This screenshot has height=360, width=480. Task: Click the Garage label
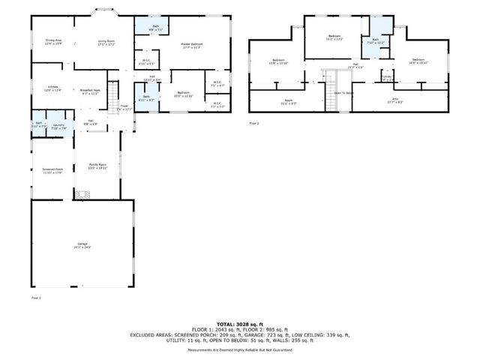coord(82,244)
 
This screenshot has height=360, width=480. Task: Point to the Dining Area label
coord(53,42)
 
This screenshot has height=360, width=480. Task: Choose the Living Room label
coord(106,42)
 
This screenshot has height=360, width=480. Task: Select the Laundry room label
coord(58,125)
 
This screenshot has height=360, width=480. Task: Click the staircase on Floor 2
coord(331,89)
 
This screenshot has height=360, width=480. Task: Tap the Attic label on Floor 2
coord(394,100)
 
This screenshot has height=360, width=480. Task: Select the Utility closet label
coord(387,77)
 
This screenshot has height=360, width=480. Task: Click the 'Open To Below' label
coord(344,93)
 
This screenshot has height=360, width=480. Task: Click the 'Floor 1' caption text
coord(36,298)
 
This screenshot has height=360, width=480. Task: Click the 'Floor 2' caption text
coord(253,121)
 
